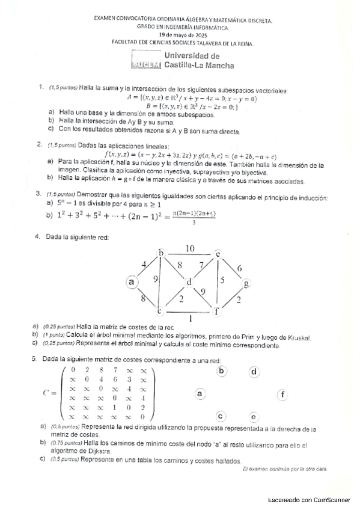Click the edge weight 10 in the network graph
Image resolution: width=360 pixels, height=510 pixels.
click(190, 248)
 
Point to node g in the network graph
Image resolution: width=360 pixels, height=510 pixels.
click(245, 283)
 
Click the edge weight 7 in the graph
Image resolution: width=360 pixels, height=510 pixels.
click(202, 265)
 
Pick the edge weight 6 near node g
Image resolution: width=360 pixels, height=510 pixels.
click(239, 268)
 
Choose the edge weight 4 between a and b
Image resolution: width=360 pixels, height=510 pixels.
click(144, 264)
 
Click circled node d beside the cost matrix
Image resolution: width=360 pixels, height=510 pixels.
click(254, 372)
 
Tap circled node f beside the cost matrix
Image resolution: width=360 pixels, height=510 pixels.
click(282, 395)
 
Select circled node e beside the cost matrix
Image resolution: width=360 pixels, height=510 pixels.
click(254, 417)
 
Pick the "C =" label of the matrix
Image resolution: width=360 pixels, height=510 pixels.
click(50, 393)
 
